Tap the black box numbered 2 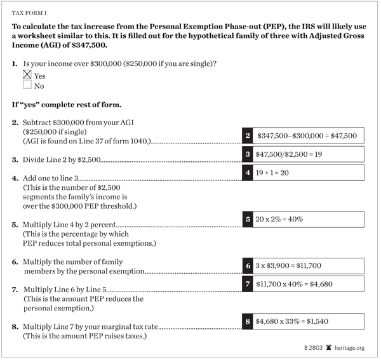248,136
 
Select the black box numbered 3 248,154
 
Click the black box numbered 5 248,219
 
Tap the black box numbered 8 248,321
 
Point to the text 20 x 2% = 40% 280,219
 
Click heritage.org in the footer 349,348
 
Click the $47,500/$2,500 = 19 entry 290,154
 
